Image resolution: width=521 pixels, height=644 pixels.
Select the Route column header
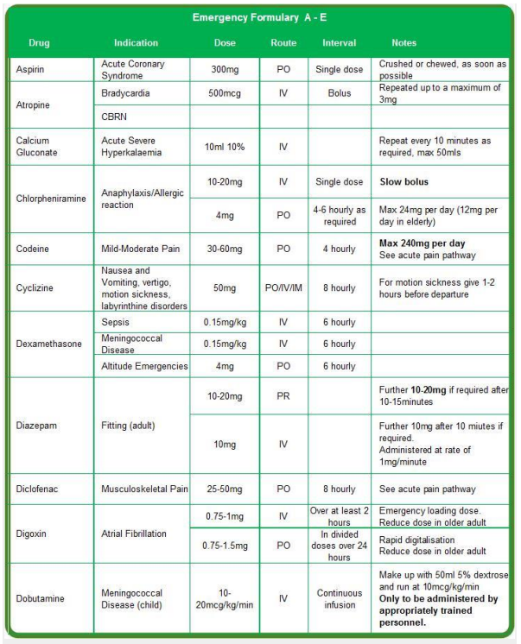(x=283, y=42)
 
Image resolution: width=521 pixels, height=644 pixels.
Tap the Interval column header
(x=340, y=42)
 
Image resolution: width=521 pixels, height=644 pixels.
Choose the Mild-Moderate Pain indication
(x=139, y=248)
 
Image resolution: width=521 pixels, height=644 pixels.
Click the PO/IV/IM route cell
(x=283, y=287)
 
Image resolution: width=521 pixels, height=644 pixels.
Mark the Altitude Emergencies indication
(x=143, y=366)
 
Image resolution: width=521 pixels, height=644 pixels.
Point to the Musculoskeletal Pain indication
(x=143, y=489)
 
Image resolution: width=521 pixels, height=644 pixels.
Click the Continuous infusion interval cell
(x=340, y=598)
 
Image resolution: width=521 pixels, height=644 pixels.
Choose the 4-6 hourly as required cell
(x=340, y=216)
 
